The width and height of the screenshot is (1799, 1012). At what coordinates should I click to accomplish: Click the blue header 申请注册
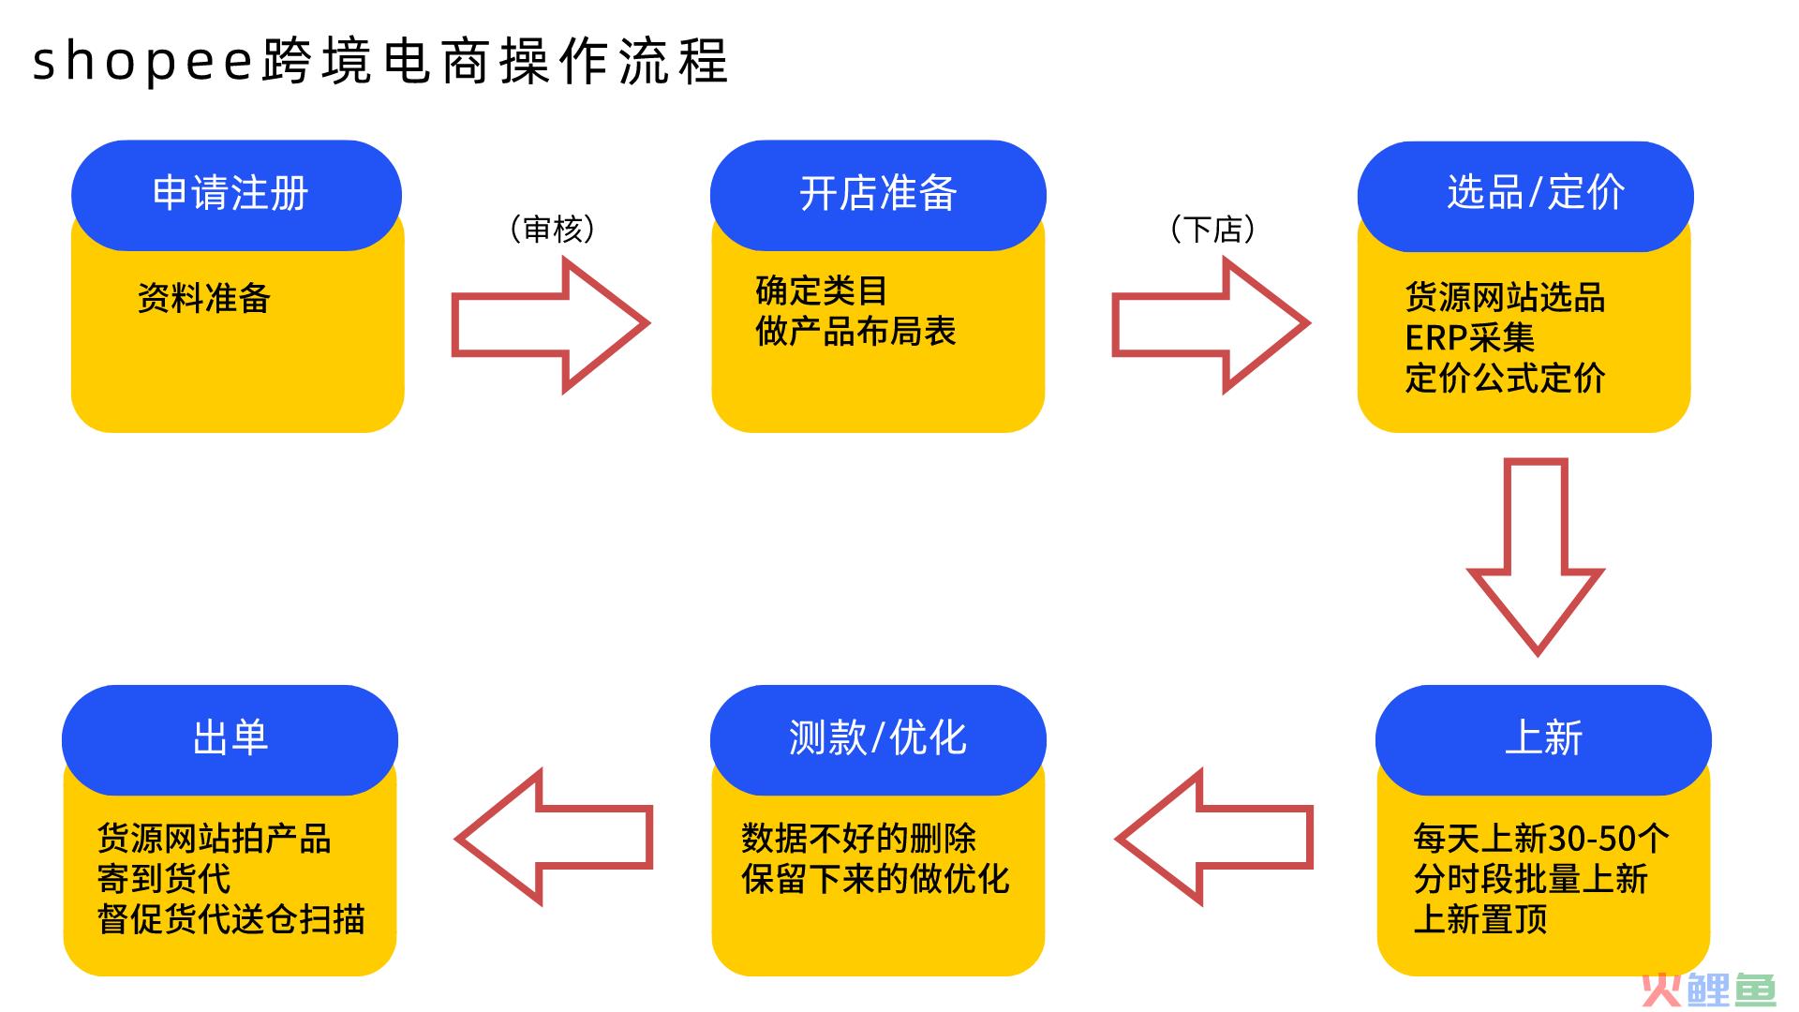click(x=236, y=195)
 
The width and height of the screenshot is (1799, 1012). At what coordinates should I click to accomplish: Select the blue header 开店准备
click(x=878, y=195)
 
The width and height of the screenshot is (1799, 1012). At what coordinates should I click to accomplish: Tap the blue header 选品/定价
click(x=1525, y=196)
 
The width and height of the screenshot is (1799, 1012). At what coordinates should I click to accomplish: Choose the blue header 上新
click(x=1543, y=739)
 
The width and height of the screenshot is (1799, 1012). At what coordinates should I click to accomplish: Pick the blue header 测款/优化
click(x=878, y=739)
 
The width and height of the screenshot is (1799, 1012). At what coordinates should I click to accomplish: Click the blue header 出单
click(x=230, y=739)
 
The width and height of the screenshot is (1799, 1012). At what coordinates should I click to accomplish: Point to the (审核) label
click(x=553, y=229)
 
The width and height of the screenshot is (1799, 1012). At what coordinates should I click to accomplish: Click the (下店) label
click(x=1213, y=229)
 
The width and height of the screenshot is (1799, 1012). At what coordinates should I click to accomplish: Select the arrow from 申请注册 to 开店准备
click(x=550, y=324)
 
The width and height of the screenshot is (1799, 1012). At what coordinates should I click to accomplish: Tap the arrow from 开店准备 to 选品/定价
click(x=1211, y=324)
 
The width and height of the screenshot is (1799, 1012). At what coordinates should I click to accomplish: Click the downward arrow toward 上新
click(x=1536, y=557)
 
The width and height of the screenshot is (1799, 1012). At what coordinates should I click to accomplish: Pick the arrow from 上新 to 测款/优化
click(x=1214, y=837)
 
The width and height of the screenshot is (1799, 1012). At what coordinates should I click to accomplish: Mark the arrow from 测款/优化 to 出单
click(x=554, y=837)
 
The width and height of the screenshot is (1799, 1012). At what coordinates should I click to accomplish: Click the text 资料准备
click(x=204, y=298)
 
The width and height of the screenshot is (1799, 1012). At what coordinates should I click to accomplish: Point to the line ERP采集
click(x=1469, y=337)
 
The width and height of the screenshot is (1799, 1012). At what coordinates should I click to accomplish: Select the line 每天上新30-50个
click(x=1541, y=838)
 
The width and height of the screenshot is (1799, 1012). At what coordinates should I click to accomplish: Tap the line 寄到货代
click(x=164, y=878)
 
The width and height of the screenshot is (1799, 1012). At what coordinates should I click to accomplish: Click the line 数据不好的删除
click(x=859, y=838)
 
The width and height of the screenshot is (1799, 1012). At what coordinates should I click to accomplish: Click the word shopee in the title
click(x=143, y=63)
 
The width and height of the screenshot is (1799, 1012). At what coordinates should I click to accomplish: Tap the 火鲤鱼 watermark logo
click(x=1709, y=989)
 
